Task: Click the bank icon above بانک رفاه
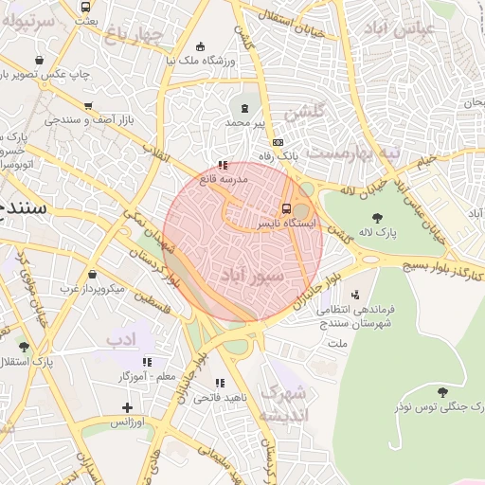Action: [x=278, y=141]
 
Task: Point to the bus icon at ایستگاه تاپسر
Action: [x=286, y=209]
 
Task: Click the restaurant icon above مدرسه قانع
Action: [x=223, y=165]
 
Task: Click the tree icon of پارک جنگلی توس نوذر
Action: [x=442, y=391]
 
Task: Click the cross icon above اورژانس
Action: [x=127, y=407]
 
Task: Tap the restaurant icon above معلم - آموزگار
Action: [x=147, y=362]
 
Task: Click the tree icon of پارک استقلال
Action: [x=24, y=347]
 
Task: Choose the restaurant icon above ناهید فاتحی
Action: [x=221, y=383]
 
